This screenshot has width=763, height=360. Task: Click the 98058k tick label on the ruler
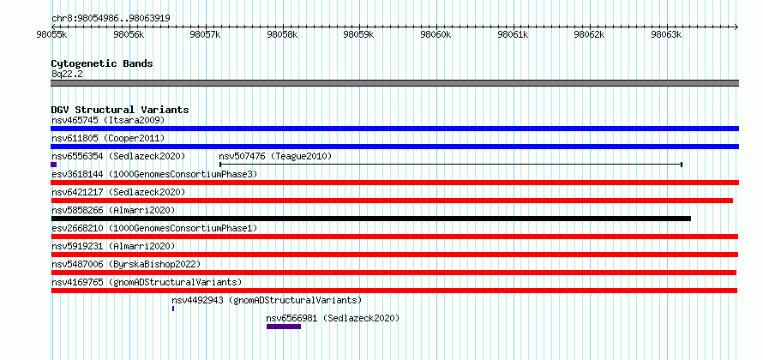[282, 34]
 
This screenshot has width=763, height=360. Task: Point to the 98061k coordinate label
[513, 34]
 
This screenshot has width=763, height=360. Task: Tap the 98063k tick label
[667, 34]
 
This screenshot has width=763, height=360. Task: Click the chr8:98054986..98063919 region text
[111, 19]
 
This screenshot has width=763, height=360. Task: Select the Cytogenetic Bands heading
[102, 63]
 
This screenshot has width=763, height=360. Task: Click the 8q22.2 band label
[67, 74]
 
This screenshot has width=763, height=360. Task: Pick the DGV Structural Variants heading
[120, 110]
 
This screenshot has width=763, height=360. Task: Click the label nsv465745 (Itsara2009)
[108, 120]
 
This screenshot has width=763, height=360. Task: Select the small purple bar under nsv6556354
[53, 165]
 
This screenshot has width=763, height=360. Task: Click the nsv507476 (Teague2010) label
[275, 156]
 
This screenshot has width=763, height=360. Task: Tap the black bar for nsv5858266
[371, 219]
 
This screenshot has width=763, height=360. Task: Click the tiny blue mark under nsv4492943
[173, 309]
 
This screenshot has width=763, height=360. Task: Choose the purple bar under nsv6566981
[284, 327]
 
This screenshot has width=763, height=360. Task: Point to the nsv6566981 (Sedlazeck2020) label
[333, 319]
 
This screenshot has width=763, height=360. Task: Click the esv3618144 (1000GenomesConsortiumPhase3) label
[154, 174]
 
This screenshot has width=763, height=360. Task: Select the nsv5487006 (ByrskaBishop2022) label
[126, 264]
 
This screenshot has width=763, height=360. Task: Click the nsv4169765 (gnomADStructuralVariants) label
[147, 282]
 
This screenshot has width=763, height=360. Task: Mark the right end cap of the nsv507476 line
[682, 165]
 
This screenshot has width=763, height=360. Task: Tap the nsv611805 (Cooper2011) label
[108, 138]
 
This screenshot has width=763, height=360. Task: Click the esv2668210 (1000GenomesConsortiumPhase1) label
[154, 228]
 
